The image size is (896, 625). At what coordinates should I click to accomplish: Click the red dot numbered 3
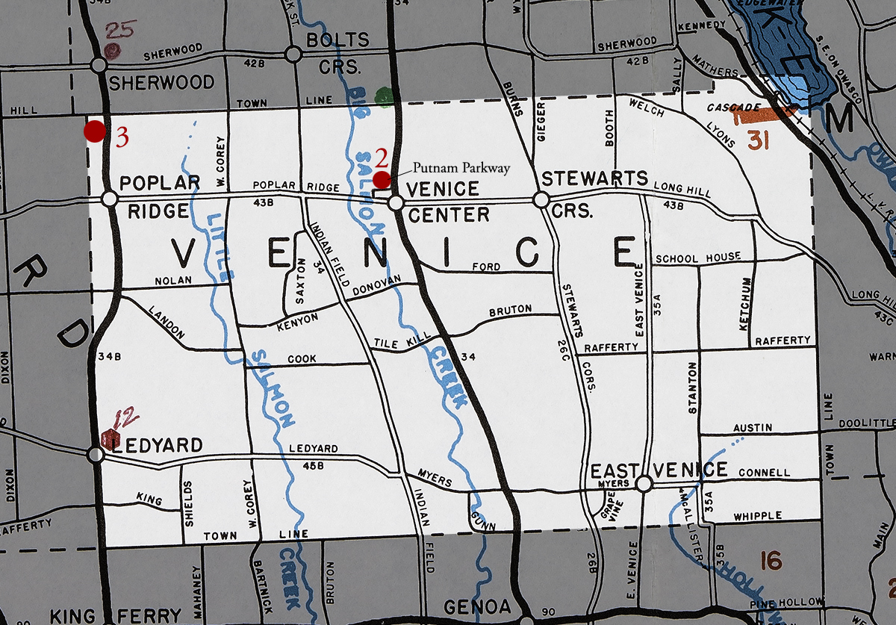94,131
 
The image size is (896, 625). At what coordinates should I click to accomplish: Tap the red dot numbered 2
382,179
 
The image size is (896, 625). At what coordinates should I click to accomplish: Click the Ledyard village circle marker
96,454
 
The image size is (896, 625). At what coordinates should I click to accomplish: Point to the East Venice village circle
644,484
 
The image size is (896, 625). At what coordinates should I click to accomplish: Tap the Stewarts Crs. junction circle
541,200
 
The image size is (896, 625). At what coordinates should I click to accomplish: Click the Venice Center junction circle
396,202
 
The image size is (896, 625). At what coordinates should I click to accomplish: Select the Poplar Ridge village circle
110,199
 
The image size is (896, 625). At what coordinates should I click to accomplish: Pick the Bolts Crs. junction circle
293,54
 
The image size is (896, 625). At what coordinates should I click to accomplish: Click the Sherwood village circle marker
98,65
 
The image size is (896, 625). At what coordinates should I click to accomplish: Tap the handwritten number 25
119,31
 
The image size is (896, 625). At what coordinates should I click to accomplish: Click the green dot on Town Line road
384,96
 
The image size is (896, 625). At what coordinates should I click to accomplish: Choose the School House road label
698,258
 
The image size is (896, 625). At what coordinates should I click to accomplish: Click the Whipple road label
757,516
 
